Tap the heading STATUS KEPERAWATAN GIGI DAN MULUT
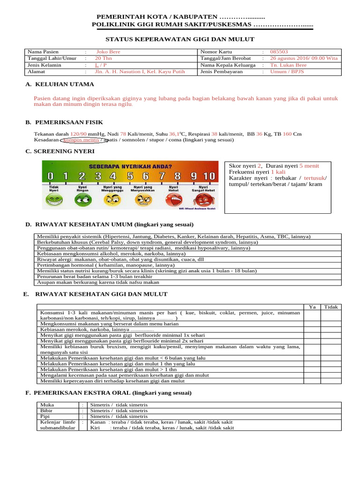coord(180,39)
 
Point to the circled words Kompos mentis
coord(81,140)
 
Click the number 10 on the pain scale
coord(210,176)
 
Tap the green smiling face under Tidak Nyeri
coord(54,201)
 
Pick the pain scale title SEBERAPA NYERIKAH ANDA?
coord(131,166)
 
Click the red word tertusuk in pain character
coord(315,178)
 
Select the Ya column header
coord(312,307)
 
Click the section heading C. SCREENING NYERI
coord(60,151)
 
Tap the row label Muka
coord(47,405)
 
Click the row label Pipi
coord(46,416)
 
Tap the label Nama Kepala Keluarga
coord(228,65)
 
